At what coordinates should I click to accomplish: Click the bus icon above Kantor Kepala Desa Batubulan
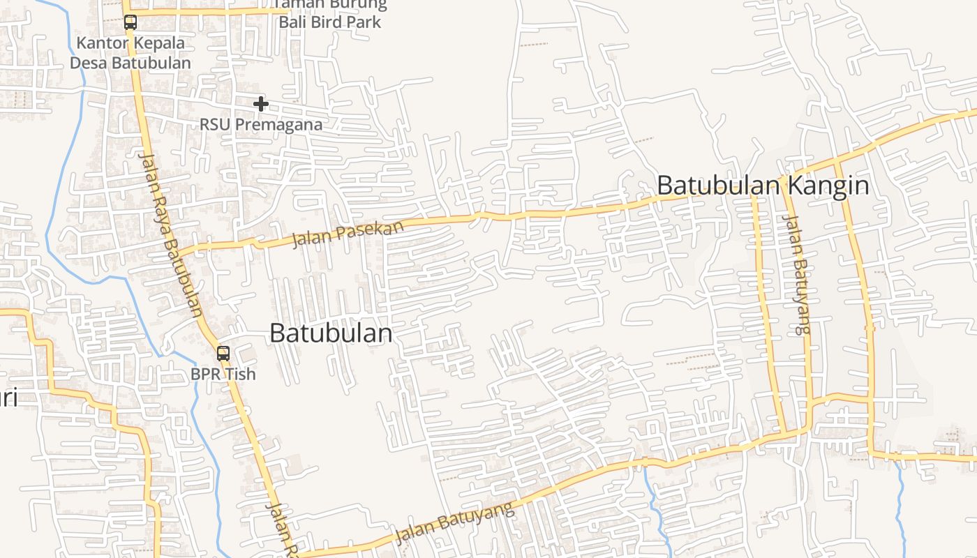coord(130,22)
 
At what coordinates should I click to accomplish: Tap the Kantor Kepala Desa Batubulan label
coord(130,53)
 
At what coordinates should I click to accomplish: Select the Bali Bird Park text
coord(330,22)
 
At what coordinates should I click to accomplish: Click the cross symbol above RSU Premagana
coord(261,104)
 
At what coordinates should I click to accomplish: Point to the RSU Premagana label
coord(261,125)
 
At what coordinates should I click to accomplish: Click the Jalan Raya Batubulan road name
coord(170,234)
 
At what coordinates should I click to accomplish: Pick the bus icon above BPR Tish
coord(223,354)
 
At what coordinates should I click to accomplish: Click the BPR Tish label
coord(223,375)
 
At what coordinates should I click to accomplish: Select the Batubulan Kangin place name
coord(763,186)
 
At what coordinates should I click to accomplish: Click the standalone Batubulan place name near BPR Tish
coord(331,333)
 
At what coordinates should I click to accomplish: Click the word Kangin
coord(829,186)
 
